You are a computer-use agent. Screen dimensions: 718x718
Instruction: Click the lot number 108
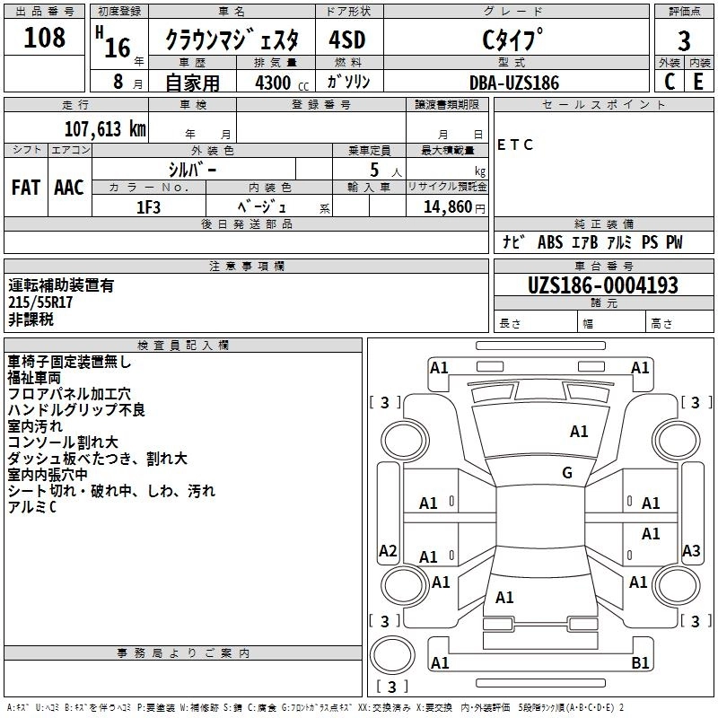tap(45, 38)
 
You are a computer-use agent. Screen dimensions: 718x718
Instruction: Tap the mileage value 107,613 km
tap(105, 128)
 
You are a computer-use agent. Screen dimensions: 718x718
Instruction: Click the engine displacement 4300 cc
tap(276, 83)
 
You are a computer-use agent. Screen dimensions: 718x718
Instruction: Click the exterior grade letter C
tap(669, 83)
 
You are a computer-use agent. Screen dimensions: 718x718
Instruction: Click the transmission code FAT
tap(26, 188)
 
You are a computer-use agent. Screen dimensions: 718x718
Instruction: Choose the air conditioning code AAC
tap(69, 188)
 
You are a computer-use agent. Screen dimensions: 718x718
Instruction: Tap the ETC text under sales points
tap(515, 145)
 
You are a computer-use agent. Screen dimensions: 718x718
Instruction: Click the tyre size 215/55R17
tap(40, 302)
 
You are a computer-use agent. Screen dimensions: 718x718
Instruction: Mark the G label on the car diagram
tap(567, 473)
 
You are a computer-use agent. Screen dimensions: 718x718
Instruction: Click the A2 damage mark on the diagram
tap(388, 551)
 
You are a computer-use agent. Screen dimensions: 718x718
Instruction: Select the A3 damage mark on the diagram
tap(691, 551)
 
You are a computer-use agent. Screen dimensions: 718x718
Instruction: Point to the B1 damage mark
tap(640, 663)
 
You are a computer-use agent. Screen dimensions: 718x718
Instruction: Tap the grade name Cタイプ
tap(513, 40)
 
